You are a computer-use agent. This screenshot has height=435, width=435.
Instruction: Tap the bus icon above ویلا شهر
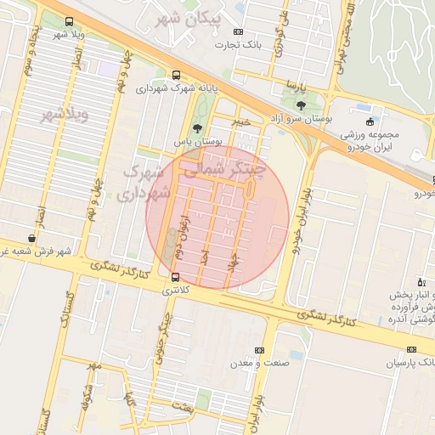(x=69, y=22)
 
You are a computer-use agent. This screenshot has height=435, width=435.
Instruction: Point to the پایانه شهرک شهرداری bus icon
(x=176, y=75)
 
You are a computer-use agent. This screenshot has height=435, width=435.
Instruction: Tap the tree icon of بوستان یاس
(x=197, y=128)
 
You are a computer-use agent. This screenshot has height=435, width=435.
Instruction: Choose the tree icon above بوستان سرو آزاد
(x=301, y=105)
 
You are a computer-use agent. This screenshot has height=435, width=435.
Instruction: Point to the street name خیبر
(x=245, y=121)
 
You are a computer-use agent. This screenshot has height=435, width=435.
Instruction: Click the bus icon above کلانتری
(x=176, y=277)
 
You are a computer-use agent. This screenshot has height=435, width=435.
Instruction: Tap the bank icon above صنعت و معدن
(x=260, y=350)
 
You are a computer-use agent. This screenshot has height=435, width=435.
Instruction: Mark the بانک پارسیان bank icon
(x=411, y=350)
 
